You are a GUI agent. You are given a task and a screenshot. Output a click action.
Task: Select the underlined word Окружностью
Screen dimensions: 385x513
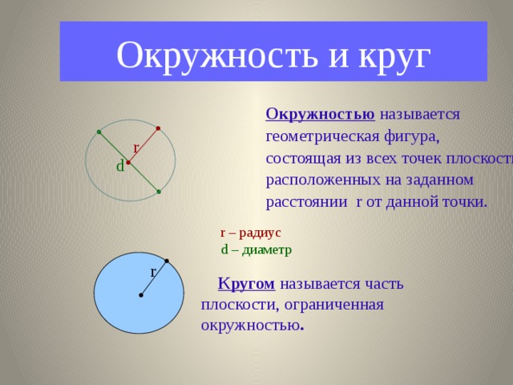click(x=320, y=113)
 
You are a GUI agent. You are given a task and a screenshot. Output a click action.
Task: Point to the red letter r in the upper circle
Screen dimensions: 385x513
click(x=136, y=148)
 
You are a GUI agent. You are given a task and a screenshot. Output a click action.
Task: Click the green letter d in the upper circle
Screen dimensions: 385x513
click(x=119, y=167)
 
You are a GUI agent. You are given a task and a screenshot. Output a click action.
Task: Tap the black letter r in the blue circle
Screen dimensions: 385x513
click(x=153, y=272)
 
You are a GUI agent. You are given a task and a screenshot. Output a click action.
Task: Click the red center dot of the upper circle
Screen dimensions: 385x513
click(x=128, y=162)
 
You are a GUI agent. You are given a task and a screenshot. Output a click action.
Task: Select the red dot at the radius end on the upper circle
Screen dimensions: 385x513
click(x=159, y=128)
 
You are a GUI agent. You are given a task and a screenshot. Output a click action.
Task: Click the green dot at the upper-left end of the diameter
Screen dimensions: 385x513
click(x=98, y=132)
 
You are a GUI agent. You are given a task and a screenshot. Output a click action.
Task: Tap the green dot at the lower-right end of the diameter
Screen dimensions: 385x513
click(x=159, y=192)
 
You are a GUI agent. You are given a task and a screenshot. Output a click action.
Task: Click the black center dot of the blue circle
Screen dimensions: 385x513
click(x=140, y=295)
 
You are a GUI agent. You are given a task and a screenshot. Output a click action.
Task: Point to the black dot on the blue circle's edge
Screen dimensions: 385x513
click(x=166, y=261)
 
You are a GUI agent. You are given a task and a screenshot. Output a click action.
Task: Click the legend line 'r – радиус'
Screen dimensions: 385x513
click(x=250, y=233)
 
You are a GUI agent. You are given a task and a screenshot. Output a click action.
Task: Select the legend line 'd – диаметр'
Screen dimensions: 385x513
click(x=256, y=249)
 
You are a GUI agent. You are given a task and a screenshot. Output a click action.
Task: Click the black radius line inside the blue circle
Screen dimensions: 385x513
click(x=153, y=278)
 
